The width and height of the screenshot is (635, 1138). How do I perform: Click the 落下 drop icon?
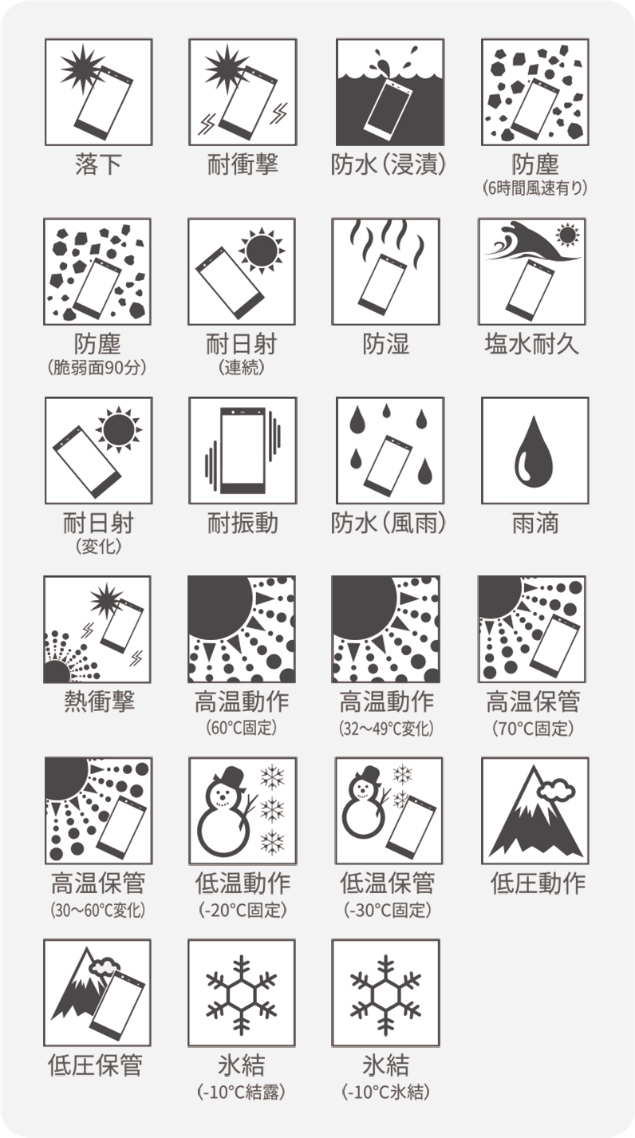[x=99, y=92]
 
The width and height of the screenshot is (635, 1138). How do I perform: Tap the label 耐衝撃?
[x=243, y=164]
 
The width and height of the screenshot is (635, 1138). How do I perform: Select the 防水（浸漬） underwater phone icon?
[x=389, y=92]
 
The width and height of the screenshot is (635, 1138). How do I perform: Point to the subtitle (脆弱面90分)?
[x=97, y=367]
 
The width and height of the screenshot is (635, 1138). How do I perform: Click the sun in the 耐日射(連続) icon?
[x=262, y=251]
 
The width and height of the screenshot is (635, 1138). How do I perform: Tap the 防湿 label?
[x=385, y=344]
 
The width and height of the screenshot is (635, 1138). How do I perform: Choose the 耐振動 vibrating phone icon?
[x=243, y=451]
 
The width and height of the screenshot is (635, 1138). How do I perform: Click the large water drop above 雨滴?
[x=534, y=452]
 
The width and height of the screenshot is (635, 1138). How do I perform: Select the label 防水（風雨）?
[x=388, y=523]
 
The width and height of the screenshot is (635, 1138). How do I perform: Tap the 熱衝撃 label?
[x=99, y=701]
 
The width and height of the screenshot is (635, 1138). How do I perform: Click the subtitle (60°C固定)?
[x=241, y=728]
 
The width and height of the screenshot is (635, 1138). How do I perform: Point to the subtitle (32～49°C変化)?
[x=386, y=728]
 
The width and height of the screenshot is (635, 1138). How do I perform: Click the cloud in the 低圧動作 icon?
[x=556, y=790]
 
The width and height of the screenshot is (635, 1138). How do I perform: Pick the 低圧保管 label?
[x=95, y=1065]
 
